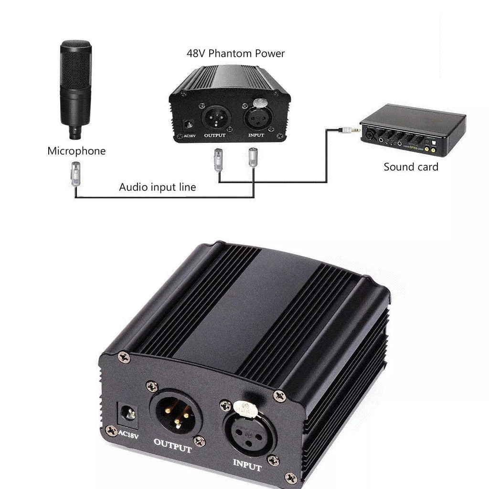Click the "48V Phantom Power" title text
235,53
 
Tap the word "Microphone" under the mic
76,151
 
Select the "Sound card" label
411,167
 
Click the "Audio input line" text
158,187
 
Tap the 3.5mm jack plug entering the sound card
346,129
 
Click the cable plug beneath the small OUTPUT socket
218,159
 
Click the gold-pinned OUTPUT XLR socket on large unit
175,414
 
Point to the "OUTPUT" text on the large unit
173,446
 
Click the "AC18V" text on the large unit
128,435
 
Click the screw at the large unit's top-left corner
124,356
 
